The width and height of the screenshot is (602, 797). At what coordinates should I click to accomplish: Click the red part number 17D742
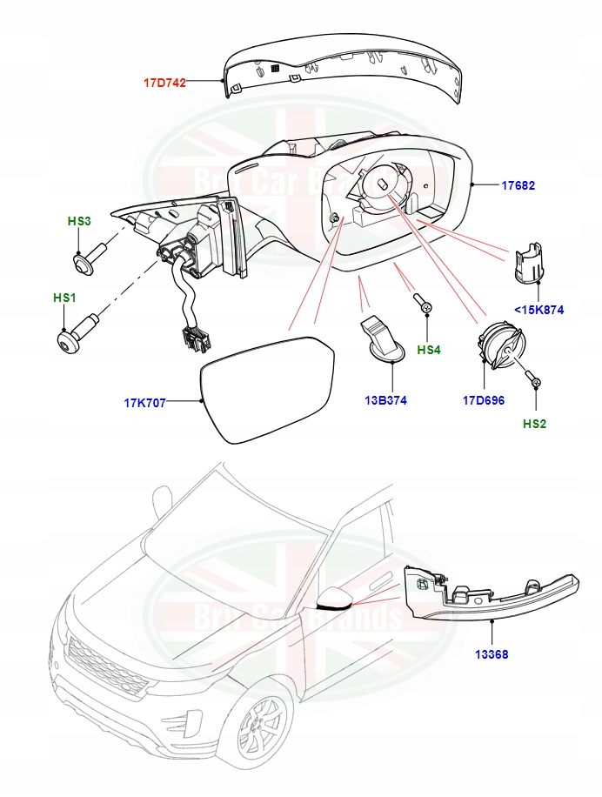coord(164,83)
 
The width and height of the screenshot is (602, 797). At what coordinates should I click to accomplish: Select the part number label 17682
coord(518,185)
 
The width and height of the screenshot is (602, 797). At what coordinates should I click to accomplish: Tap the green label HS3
coord(79,222)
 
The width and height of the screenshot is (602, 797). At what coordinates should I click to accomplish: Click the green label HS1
coord(65,298)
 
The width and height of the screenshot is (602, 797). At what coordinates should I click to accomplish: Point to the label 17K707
coord(145,403)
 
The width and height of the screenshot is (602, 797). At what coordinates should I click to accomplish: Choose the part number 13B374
coord(385,400)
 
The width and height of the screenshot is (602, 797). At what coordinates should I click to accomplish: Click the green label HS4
coord(429,350)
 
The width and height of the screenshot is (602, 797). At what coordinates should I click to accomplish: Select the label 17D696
coord(484,400)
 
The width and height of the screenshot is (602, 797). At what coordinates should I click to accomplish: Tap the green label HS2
coord(535,424)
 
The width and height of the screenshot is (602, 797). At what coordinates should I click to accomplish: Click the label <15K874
coord(539,308)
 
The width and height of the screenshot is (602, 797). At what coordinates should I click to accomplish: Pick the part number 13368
coord(492,653)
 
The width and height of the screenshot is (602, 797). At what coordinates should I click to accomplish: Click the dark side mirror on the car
coord(333,599)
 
